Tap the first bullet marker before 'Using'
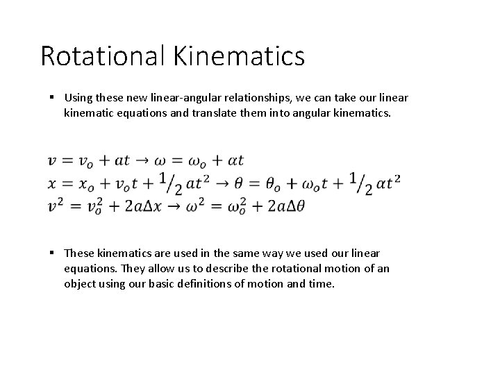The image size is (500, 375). (53, 97)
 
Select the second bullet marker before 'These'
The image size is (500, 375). (53, 253)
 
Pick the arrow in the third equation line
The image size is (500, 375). (172, 206)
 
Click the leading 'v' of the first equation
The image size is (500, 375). (52, 161)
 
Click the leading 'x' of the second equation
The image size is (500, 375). (52, 184)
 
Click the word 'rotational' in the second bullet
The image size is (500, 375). (305, 268)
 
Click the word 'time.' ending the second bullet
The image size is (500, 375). (322, 283)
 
